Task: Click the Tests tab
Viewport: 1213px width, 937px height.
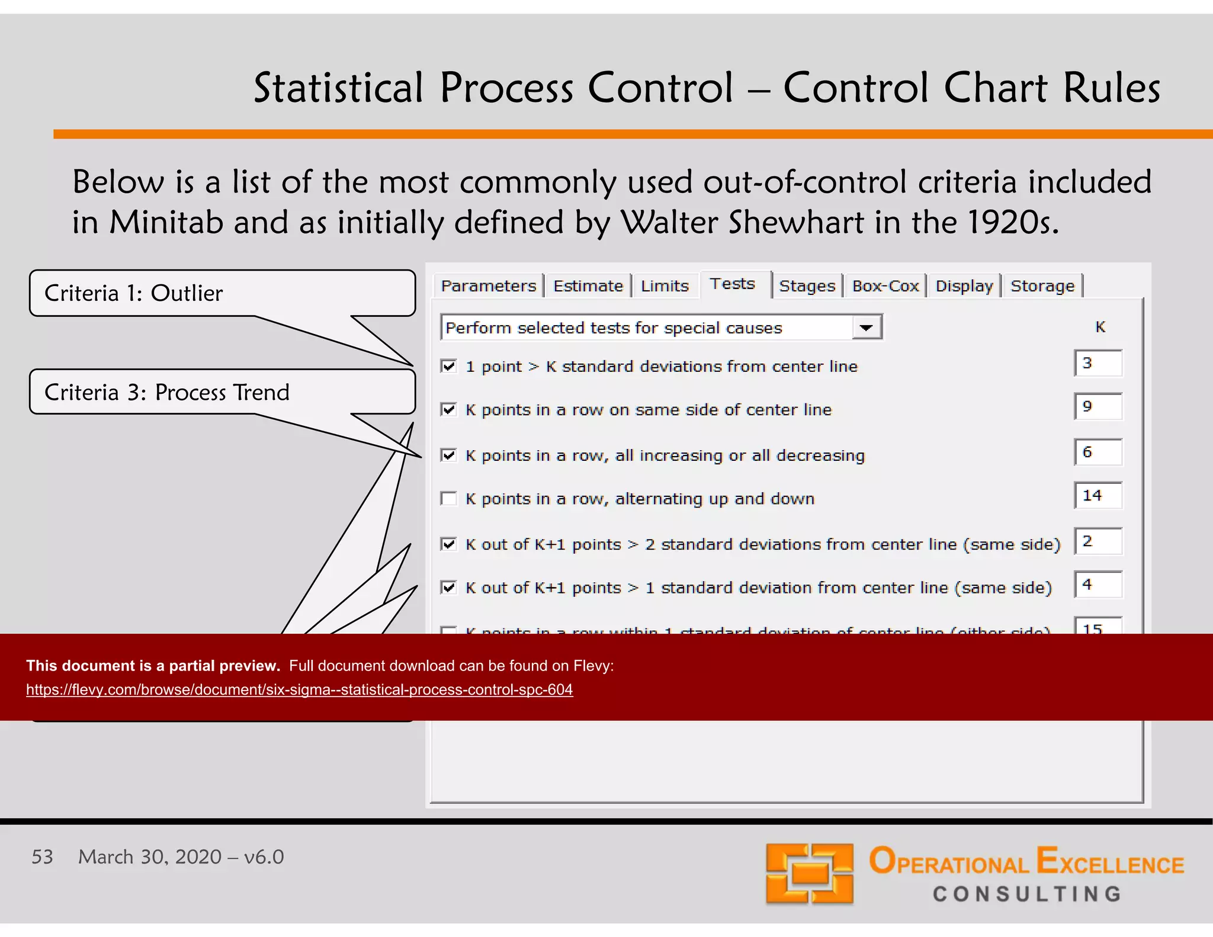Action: [x=733, y=284]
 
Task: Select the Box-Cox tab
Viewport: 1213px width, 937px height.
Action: [x=885, y=286]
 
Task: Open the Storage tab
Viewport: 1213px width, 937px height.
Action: [x=1042, y=286]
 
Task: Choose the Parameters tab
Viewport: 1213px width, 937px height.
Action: [x=488, y=286]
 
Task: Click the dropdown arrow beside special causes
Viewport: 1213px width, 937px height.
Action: [x=866, y=328]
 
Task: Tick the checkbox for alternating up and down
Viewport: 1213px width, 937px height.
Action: [x=449, y=499]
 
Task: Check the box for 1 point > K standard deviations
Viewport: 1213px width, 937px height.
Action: [x=449, y=366]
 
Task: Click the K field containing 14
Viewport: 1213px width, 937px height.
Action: [x=1099, y=496]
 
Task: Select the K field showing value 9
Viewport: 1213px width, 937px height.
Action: [x=1099, y=407]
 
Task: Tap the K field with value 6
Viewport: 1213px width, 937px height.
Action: [x=1099, y=453]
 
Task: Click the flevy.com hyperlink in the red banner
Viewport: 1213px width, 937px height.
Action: [x=299, y=689]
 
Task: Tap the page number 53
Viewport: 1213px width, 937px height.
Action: [x=42, y=857]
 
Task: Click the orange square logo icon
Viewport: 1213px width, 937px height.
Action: [x=809, y=874]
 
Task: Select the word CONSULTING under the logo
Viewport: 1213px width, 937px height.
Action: [x=1027, y=894]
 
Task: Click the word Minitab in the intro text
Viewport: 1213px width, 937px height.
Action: [x=166, y=223]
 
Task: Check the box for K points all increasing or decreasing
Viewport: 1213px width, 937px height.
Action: [x=449, y=455]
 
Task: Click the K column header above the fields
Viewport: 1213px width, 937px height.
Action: [x=1100, y=327]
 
